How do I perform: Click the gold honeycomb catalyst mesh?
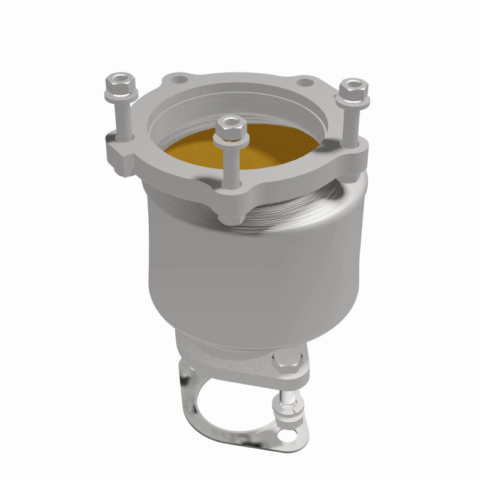pyautogui.click(x=270, y=147)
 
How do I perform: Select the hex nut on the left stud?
pyautogui.click(x=121, y=86)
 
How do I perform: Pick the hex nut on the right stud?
pyautogui.click(x=353, y=91)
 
